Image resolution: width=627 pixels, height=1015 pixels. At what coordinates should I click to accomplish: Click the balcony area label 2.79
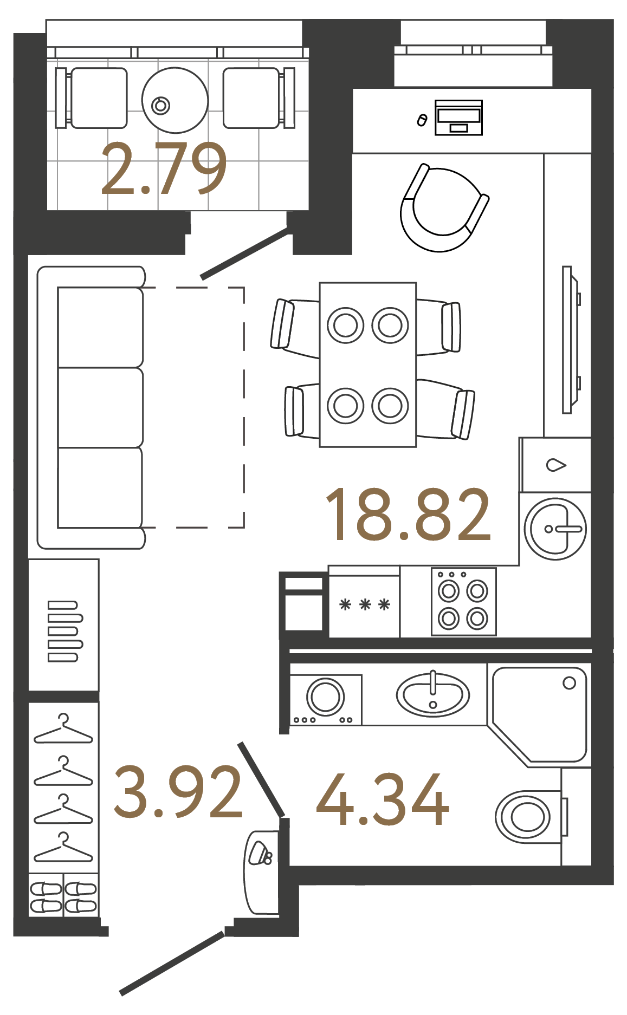click(x=164, y=169)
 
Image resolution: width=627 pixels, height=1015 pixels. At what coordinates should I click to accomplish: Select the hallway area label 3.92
click(x=178, y=792)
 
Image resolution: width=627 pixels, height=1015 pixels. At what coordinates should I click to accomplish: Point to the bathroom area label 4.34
click(x=383, y=799)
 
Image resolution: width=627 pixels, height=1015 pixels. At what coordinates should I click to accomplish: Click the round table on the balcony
click(x=175, y=100)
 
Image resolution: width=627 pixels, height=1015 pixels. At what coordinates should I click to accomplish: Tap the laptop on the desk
click(x=458, y=117)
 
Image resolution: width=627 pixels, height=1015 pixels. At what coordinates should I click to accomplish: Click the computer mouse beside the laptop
click(x=422, y=120)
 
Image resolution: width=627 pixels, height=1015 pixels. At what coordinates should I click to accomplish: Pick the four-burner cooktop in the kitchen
click(x=463, y=601)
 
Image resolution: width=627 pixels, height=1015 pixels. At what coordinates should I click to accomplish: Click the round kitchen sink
click(x=555, y=529)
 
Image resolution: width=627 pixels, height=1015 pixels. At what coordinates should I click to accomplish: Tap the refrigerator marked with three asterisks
click(x=364, y=605)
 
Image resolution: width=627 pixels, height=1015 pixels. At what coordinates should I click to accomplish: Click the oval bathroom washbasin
click(x=432, y=694)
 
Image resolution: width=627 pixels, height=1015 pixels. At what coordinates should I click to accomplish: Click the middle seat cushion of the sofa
click(x=100, y=408)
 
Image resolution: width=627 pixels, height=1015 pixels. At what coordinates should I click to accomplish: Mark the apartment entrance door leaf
click(x=172, y=963)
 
